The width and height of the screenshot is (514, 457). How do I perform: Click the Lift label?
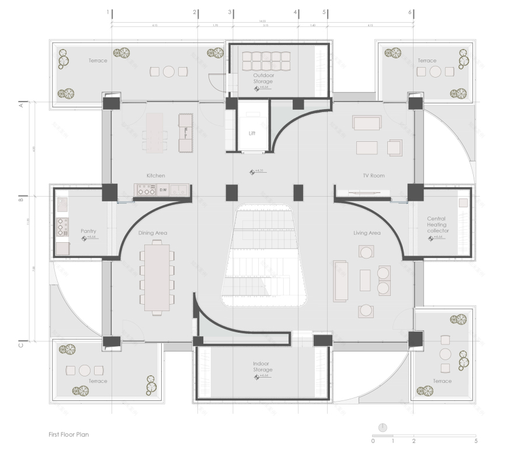pyautogui.click(x=252, y=133)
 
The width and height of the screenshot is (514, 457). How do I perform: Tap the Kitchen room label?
pyautogui.click(x=156, y=175)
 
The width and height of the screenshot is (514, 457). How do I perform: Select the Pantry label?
pyautogui.click(x=88, y=231)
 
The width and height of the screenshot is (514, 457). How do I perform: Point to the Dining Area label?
pyautogui.click(x=152, y=233)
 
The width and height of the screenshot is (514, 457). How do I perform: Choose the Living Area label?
pyautogui.click(x=367, y=233)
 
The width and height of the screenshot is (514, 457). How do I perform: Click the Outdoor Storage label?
pyautogui.click(x=263, y=78)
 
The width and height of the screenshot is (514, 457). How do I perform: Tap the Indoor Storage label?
pyautogui.click(x=263, y=366)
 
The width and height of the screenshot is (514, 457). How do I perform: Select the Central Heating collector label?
pyautogui.click(x=437, y=225)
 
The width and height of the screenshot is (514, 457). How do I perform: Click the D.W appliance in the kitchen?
pyautogui.click(x=163, y=190)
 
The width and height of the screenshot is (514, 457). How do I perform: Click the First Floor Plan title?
pyautogui.click(x=69, y=434)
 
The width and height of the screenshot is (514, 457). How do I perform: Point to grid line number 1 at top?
pyautogui.click(x=108, y=12)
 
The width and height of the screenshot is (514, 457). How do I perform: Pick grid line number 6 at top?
pyautogui.click(x=410, y=12)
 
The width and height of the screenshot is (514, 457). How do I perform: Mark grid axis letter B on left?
pyautogui.click(x=21, y=199)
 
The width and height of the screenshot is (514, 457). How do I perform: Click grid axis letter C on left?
pyautogui.click(x=21, y=344)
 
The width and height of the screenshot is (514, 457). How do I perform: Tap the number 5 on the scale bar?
pyautogui.click(x=476, y=441)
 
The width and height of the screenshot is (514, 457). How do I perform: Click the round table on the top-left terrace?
pyautogui.click(x=169, y=72)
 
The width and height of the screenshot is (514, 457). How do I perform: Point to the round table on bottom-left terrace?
pyautogui.click(x=85, y=370)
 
